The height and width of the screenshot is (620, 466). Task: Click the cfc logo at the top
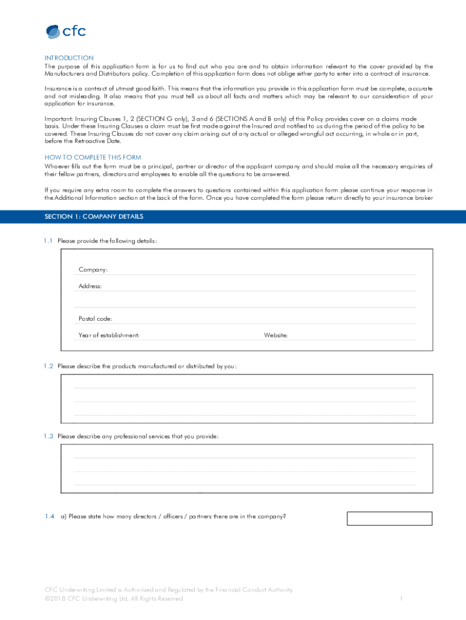(x=66, y=31)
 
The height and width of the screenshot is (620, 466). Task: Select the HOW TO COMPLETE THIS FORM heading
(x=93, y=157)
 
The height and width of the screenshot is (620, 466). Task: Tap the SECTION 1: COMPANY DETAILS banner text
(x=94, y=216)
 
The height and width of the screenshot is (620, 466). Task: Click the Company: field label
(x=93, y=269)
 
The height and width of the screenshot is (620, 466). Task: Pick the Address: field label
(x=90, y=286)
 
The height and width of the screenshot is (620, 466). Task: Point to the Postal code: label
(x=95, y=318)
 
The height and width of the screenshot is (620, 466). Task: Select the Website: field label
(x=275, y=335)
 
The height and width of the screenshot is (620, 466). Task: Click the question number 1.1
(x=48, y=241)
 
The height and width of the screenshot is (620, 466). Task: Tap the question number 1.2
(x=48, y=366)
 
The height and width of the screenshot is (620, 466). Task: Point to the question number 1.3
(x=48, y=436)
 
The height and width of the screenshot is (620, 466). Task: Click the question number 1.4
(x=49, y=516)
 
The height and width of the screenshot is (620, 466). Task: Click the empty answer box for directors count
(x=389, y=518)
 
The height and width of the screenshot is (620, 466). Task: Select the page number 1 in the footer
(x=401, y=599)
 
